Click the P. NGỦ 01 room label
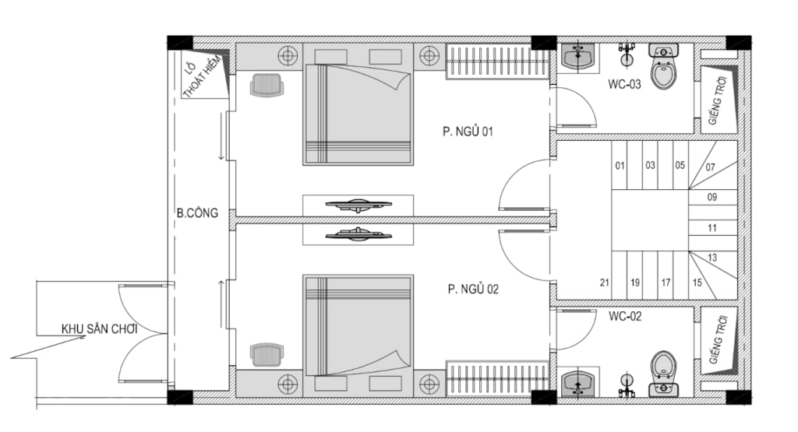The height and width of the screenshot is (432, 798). [x=468, y=132]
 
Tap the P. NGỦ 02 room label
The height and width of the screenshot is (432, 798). [x=473, y=290]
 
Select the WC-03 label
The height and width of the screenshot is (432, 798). [x=624, y=84]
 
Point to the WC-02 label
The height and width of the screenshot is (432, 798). [x=625, y=316]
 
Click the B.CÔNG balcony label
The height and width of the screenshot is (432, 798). [x=197, y=213]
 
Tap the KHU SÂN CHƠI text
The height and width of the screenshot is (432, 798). [x=99, y=328]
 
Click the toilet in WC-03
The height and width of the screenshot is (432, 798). [x=664, y=66]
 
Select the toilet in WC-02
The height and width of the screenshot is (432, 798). [x=664, y=374]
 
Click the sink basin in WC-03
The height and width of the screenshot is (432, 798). [x=578, y=56]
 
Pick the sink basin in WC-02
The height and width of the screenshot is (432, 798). [x=578, y=385]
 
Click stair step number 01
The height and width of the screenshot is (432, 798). [x=620, y=166]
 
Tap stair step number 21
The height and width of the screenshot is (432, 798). [x=605, y=283]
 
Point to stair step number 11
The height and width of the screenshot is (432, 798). [x=712, y=228]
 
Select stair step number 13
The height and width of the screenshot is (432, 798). [x=712, y=258]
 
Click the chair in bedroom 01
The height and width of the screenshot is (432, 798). [x=267, y=85]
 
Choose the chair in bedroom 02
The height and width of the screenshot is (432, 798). [x=267, y=355]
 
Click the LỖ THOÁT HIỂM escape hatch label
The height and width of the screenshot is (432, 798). [x=202, y=76]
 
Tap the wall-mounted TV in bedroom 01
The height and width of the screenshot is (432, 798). [x=358, y=205]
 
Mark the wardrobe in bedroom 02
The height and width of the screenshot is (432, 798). [x=497, y=378]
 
